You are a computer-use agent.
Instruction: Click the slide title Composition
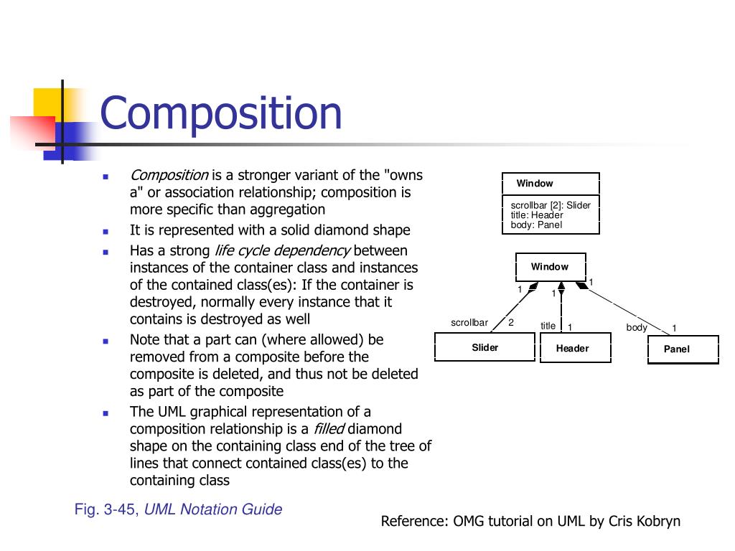pos(221,114)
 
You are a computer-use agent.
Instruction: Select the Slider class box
pos(484,348)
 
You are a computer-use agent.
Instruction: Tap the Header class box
pos(572,349)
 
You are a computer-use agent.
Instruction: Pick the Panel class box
pos(676,349)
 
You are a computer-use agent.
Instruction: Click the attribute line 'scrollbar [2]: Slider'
pos(546,205)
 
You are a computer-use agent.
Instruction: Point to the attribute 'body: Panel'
pos(531,225)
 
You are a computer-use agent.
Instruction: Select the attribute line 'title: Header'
pos(532,215)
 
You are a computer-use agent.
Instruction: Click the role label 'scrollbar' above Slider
pos(469,323)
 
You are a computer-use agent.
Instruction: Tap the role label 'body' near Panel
pos(637,328)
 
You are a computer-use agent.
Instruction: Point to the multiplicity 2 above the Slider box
pos(511,322)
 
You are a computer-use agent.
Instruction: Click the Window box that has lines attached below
pos(550,267)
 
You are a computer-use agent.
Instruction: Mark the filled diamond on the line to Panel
pos(581,285)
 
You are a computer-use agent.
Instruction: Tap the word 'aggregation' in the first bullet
pos(286,209)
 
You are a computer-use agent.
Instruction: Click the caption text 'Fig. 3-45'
pos(107,510)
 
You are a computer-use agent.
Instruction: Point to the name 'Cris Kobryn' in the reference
pos(644,521)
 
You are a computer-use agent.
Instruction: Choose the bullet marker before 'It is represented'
pos(106,232)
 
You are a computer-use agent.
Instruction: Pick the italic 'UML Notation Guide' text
pos(213,510)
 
